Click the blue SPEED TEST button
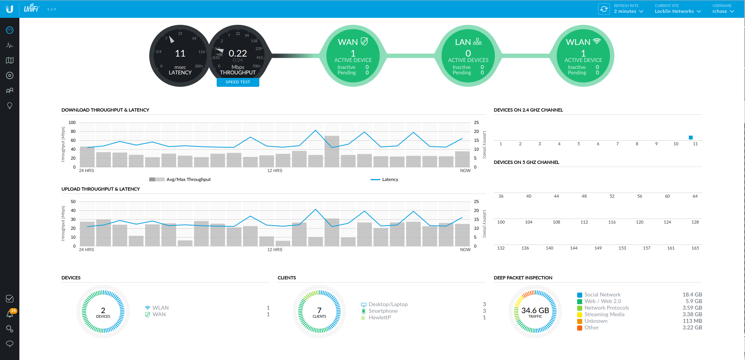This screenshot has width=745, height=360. click(x=238, y=82)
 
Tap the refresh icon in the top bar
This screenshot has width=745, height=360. click(x=604, y=9)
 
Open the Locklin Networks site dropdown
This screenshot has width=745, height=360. click(x=678, y=11)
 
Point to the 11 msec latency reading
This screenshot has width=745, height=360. click(x=180, y=53)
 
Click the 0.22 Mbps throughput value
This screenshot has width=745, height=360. click(x=238, y=53)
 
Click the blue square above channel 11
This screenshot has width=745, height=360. click(x=690, y=138)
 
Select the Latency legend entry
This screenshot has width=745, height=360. click(x=390, y=179)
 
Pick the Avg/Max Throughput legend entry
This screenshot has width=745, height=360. click(x=188, y=179)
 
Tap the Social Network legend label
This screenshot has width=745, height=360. click(x=602, y=295)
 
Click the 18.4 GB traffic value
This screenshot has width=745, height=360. click(x=692, y=295)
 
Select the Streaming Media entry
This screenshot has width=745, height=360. click(x=604, y=314)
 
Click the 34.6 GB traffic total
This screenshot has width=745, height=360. click(x=535, y=311)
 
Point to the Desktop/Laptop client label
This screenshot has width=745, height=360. click(x=388, y=304)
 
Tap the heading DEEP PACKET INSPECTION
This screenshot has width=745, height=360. click(x=523, y=278)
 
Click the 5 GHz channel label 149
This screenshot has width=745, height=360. click(x=598, y=248)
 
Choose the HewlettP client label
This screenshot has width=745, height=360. click(x=379, y=317)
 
